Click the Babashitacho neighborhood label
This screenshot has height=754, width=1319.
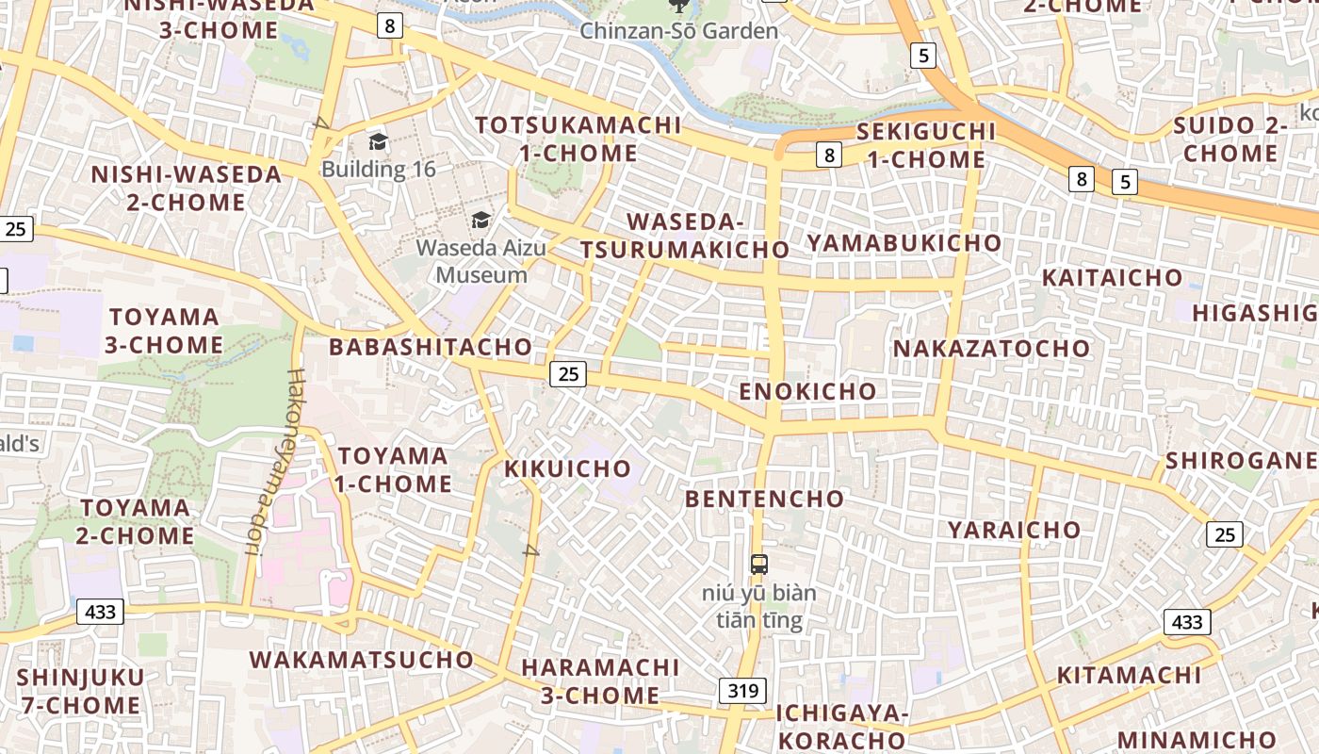click(430, 347)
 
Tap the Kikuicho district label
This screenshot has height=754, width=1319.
click(567, 468)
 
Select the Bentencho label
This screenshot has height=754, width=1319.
click(764, 499)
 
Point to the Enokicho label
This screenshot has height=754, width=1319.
click(807, 391)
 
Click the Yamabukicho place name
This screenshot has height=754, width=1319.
click(904, 243)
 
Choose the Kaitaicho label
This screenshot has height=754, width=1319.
click(1112, 278)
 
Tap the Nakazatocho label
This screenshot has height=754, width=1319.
click(991, 349)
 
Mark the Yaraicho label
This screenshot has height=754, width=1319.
click(1014, 530)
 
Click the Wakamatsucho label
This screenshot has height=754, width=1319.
click(361, 660)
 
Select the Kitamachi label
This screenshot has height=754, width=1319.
click(1129, 676)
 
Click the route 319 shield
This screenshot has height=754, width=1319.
click(742, 691)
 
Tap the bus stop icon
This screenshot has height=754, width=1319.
click(759, 565)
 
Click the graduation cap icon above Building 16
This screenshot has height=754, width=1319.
click(378, 142)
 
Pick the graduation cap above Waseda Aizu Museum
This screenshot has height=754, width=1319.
click(481, 221)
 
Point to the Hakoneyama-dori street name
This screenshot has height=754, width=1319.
click(273, 461)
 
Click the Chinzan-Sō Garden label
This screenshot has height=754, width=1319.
click(678, 31)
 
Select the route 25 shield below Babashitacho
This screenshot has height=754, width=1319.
click(568, 374)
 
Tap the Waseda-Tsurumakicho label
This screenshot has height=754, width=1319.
click(685, 236)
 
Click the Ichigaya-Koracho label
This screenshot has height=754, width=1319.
click(841, 727)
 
